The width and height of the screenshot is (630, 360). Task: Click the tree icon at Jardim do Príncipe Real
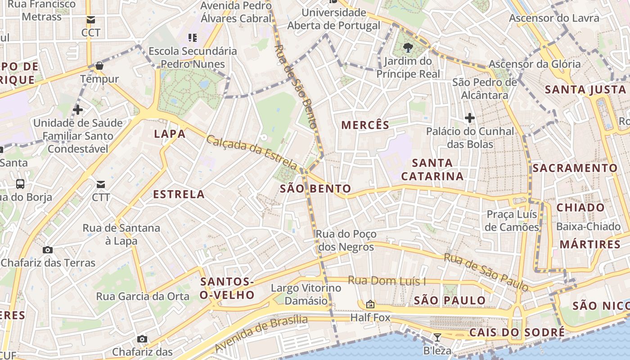coord(408,47)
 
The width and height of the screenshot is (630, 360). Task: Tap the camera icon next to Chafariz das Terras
coord(48,250)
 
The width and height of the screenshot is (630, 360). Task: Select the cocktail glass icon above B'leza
coord(437,337)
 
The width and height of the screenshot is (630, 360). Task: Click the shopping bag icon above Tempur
coord(99,66)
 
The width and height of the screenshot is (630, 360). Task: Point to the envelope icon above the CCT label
coord(91,20)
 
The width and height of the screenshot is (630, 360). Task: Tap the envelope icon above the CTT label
coord(101,184)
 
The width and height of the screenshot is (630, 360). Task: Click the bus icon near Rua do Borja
coord(20,184)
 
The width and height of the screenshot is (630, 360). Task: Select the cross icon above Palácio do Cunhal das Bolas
coord(470,118)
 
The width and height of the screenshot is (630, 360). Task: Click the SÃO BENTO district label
coord(315,189)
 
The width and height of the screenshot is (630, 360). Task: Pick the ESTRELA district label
coord(179,194)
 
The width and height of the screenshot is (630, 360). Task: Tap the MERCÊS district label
coord(365,125)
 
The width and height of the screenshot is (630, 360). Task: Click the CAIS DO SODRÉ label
coord(517,333)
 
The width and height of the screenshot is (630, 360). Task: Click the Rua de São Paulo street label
coord(486,271)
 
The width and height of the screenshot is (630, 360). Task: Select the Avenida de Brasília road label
coord(261,333)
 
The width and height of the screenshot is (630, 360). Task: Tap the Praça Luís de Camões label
coord(513,220)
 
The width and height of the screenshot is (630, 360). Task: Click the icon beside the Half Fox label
coord(370,305)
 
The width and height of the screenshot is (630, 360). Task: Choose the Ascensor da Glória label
coord(535,64)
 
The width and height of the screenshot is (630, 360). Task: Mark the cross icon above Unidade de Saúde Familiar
coord(78,109)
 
